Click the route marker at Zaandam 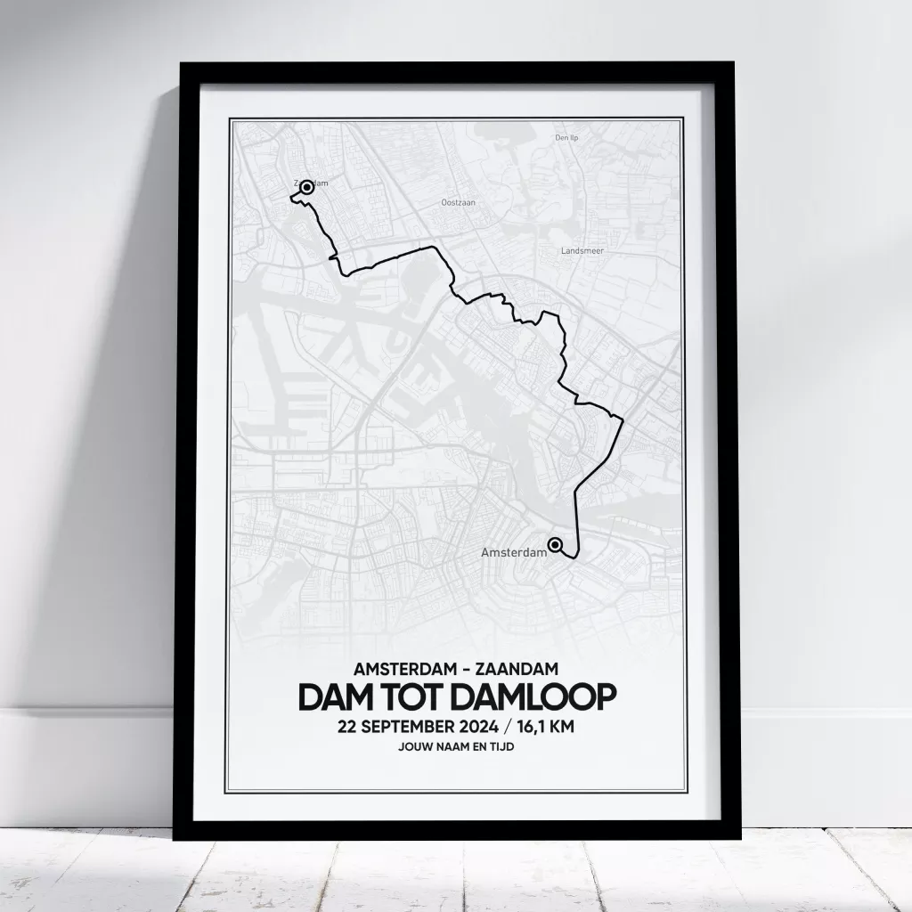click(x=306, y=187)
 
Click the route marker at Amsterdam click(x=555, y=545)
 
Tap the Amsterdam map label click(x=513, y=553)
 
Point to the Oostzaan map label click(x=459, y=202)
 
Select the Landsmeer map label click(x=582, y=251)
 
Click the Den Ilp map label click(x=568, y=138)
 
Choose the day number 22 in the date click(x=348, y=727)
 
